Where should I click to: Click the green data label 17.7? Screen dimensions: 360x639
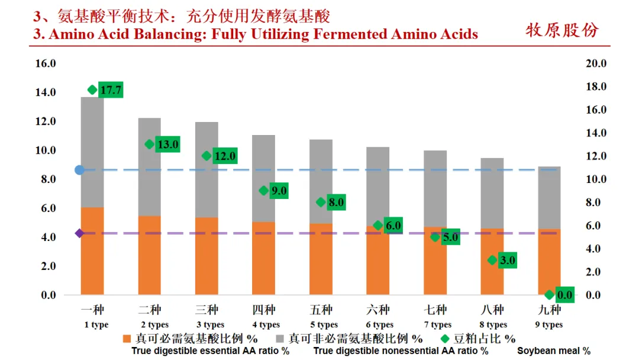111,90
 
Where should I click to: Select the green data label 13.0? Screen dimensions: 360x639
168,144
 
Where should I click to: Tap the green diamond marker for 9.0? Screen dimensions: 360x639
264,191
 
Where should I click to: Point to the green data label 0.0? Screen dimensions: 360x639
565,295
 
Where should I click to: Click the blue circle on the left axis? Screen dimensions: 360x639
80,170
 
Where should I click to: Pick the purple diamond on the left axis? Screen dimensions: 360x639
80,233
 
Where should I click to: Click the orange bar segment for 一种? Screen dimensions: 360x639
92,251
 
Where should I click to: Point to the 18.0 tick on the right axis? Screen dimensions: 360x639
596,86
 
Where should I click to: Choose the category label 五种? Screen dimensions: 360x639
321,310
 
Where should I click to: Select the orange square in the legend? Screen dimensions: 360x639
127,339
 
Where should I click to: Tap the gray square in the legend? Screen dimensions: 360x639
280,339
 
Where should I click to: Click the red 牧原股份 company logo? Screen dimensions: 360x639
562,30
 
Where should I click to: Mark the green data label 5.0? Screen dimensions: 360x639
450,237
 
